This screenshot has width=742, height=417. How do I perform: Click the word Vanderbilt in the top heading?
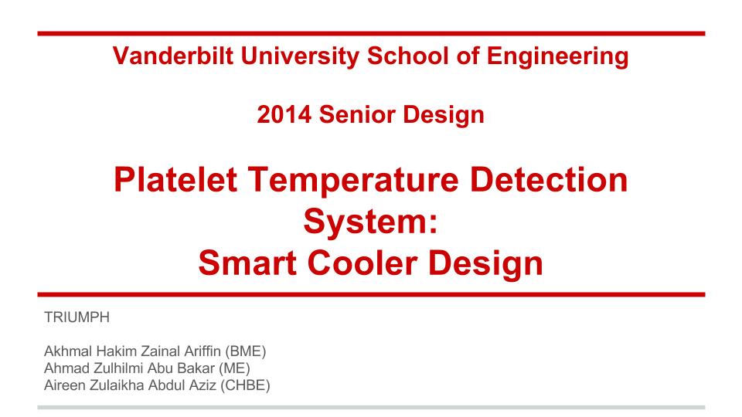[173, 56]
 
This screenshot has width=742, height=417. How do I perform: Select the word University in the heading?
[300, 56]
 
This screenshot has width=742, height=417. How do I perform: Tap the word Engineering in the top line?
[557, 56]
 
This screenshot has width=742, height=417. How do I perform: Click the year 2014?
[284, 114]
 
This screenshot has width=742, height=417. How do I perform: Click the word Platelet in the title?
[175, 180]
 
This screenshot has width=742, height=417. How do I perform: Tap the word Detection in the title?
[549, 180]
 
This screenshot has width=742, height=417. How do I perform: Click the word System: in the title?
[370, 222]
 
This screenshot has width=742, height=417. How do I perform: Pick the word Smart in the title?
[247, 263]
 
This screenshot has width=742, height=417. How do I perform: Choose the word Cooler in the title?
[362, 263]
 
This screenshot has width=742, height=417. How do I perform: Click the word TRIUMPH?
[77, 317]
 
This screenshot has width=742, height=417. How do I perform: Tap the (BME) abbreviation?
[246, 352]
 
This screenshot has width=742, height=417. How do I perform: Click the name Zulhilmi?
[121, 368]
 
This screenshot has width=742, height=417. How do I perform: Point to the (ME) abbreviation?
[234, 369]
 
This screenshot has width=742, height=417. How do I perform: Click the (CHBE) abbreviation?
[245, 386]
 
